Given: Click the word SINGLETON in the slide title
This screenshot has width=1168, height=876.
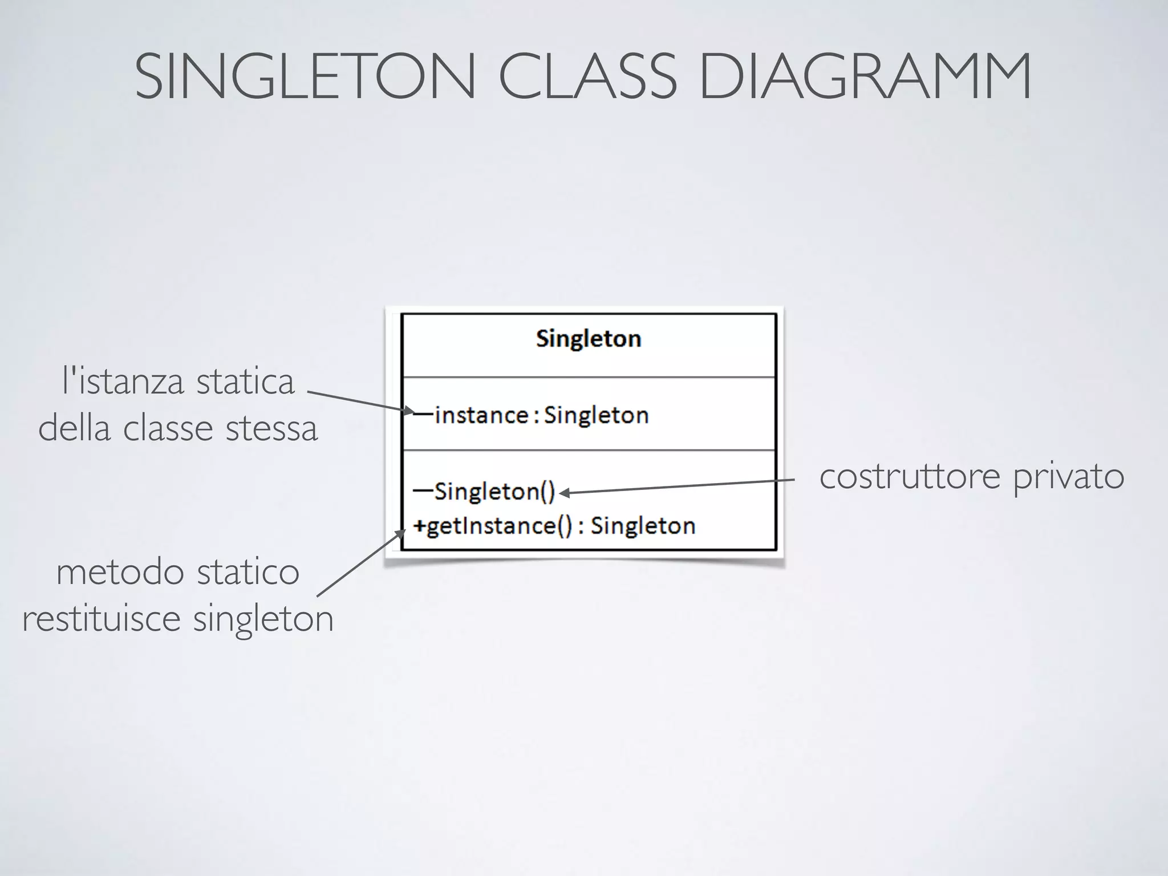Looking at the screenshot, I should [305, 77].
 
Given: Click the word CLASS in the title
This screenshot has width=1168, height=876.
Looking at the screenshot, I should [588, 77].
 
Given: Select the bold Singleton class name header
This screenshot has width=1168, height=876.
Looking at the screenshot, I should [589, 339].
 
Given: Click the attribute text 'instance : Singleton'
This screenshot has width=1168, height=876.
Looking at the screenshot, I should [541, 415].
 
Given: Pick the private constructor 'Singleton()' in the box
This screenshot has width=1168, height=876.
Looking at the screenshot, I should [494, 491].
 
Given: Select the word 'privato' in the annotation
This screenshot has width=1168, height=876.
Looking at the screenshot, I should [1068, 477].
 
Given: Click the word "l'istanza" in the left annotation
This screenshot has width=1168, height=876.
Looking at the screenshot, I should [123, 382].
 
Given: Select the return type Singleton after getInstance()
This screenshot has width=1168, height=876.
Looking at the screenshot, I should [643, 525].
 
